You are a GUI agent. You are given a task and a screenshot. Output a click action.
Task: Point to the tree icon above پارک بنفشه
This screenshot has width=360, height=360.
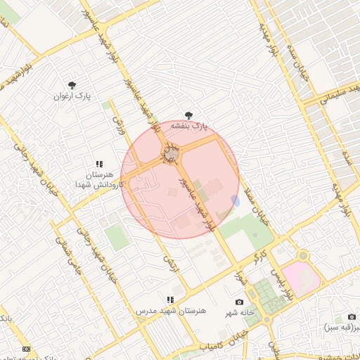(188, 115)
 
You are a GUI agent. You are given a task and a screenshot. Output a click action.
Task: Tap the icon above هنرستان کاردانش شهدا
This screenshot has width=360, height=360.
(98, 163)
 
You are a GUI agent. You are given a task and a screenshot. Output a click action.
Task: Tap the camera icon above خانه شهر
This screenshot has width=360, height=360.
(239, 302)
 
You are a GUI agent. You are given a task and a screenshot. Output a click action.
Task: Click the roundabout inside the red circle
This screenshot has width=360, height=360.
(171, 153)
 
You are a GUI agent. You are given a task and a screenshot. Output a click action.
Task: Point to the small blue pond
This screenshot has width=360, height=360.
(235, 201)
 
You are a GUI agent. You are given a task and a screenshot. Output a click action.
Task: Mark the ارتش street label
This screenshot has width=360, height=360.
(168, 260)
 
